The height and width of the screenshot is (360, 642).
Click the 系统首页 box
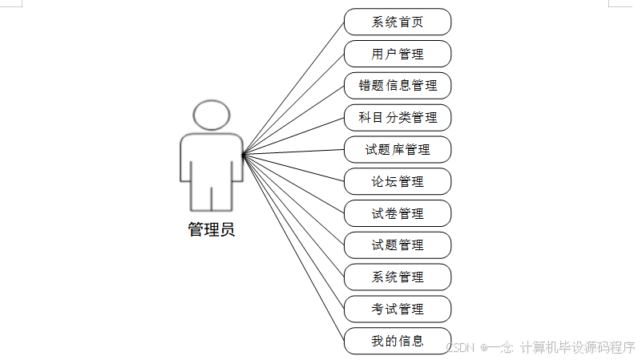[x=398, y=22]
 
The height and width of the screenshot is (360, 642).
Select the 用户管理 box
[x=398, y=54]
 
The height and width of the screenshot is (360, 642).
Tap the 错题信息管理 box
[x=398, y=86]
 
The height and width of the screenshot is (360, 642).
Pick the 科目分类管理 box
[x=398, y=118]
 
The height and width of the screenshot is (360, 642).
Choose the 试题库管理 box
[x=398, y=149]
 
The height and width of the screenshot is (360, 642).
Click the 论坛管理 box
[x=398, y=181]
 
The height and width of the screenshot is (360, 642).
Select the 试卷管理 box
[x=398, y=213]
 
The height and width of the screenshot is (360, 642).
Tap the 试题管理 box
[x=398, y=245]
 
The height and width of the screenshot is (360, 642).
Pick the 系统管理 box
[x=398, y=277]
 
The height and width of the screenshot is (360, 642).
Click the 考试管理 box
[x=398, y=309]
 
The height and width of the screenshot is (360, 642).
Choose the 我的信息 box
[x=398, y=340]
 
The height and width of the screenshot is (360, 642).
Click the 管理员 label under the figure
[x=212, y=230]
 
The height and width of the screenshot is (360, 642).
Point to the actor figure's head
[x=212, y=115]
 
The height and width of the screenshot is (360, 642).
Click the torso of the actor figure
[x=212, y=160]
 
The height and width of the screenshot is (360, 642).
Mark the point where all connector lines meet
[x=243, y=153]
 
